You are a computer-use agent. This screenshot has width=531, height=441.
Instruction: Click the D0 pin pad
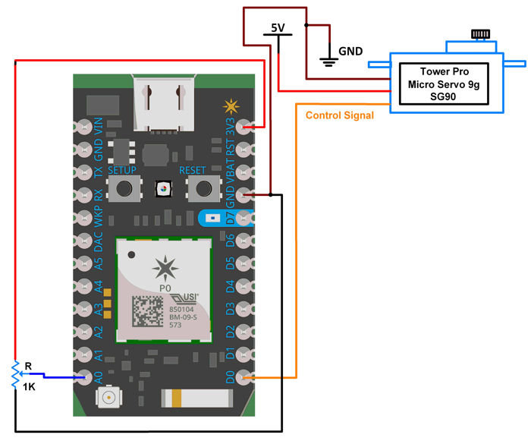click(x=244, y=376)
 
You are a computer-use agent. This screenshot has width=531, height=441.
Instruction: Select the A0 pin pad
click(x=83, y=376)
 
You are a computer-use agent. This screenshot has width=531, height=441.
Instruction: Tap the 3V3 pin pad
click(x=244, y=127)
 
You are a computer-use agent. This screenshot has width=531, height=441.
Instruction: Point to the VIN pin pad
click(x=83, y=127)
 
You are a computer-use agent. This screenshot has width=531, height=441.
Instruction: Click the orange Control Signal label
click(x=339, y=115)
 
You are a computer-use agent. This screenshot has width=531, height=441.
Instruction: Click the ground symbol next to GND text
click(x=329, y=61)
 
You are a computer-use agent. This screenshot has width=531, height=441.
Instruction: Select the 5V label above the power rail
click(x=278, y=28)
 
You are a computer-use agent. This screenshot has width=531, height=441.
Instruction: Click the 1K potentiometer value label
click(x=28, y=387)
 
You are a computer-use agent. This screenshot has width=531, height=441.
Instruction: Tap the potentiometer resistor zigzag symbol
click(x=14, y=375)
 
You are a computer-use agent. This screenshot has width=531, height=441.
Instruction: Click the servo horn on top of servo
click(x=479, y=35)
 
